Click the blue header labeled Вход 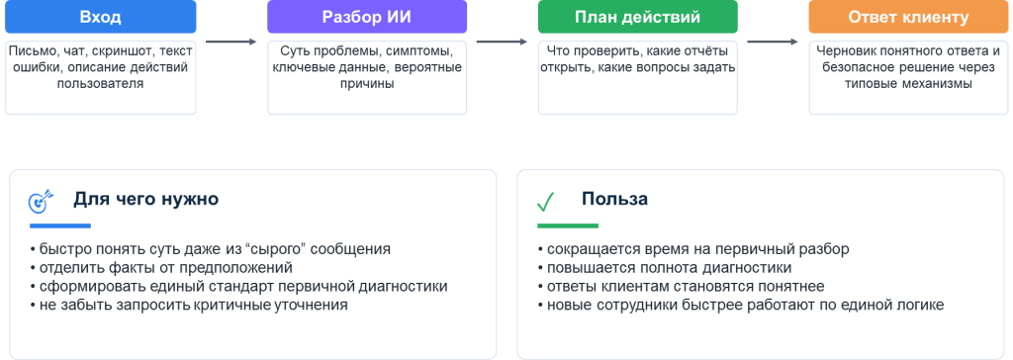100,17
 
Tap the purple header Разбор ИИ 367,17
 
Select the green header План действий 638,17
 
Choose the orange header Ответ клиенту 908,17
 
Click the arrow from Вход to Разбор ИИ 231,42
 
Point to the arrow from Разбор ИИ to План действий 502,42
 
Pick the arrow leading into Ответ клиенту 773,42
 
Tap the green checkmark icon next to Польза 546,202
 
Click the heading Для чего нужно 146,199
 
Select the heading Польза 614,199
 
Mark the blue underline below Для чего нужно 60,225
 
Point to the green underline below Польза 568,225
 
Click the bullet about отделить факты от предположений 161,268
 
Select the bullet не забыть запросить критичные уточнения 189,305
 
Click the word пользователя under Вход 100,83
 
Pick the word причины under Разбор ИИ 367,83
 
